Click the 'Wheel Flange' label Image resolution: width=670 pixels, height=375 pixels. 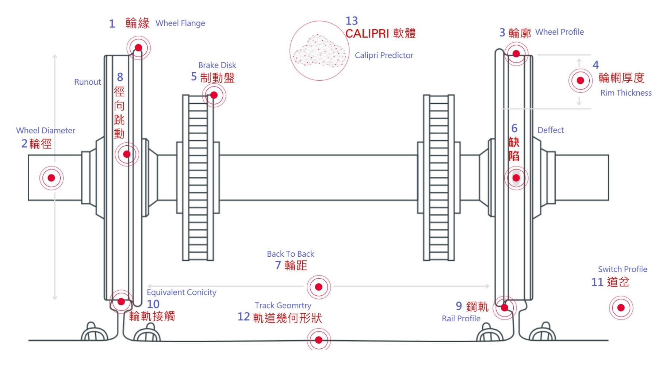point(180,23)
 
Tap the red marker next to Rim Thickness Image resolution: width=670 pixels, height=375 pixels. point(580,81)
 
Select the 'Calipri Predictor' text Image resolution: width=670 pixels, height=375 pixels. point(384,56)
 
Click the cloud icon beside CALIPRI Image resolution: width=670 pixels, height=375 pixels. point(319,51)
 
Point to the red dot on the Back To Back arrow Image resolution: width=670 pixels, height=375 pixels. point(318,287)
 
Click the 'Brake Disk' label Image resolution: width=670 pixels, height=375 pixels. point(217,65)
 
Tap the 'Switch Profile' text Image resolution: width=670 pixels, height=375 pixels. point(622,269)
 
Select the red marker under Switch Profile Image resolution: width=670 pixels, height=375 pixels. point(621,308)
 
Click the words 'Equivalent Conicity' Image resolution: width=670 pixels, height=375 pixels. point(181,292)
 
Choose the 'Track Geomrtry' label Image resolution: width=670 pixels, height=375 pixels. point(283,306)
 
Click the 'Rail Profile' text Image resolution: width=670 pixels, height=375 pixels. point(461,319)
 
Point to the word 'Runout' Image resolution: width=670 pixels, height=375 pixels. point(87,82)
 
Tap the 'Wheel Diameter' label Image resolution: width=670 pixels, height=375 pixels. point(46,131)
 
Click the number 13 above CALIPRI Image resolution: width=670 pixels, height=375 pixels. point(352,21)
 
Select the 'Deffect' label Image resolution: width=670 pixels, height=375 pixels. point(550,130)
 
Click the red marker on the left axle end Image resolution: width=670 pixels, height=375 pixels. point(51,178)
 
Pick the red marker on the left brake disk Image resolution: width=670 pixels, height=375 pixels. point(214,95)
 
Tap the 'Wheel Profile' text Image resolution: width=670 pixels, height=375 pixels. point(559,32)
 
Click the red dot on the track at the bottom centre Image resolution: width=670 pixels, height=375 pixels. point(318,340)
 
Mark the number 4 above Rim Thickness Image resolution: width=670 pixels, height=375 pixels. point(596,65)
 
